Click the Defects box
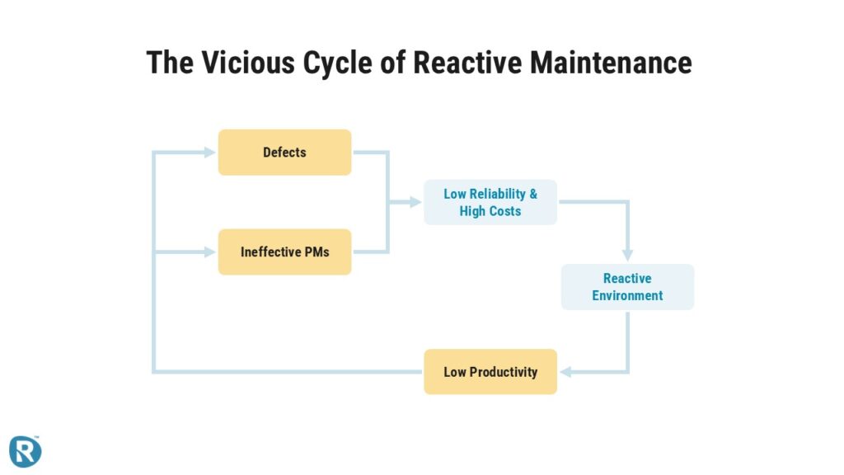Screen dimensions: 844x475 (x=284, y=153)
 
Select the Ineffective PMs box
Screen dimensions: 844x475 (x=284, y=252)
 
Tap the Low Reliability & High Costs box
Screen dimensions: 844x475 (x=490, y=202)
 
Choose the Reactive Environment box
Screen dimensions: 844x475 (x=627, y=287)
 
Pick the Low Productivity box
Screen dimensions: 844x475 (x=490, y=372)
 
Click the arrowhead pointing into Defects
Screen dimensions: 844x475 (x=210, y=153)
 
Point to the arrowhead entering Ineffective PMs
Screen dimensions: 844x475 (x=210, y=252)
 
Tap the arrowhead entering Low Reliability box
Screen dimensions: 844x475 (x=415, y=202)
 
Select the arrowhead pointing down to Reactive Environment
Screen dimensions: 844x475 (x=627, y=256)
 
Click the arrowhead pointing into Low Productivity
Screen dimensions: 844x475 (x=565, y=372)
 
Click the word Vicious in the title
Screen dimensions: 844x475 (x=248, y=62)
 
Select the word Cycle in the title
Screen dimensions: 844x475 (x=337, y=63)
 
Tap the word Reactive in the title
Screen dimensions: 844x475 (x=467, y=62)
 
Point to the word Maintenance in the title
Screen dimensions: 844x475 (x=611, y=62)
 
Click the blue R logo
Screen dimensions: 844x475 (x=25, y=451)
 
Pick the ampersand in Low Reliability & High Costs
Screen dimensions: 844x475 (x=533, y=194)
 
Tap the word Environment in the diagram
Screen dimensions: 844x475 (x=627, y=296)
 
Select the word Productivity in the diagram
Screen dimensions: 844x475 (x=504, y=372)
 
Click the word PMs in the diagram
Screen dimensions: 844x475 (x=316, y=252)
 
